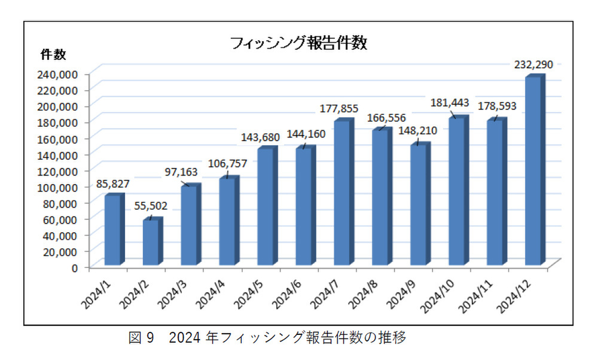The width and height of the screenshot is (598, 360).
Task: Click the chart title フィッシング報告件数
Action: tap(298, 43)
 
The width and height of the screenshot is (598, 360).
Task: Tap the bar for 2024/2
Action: tap(151, 243)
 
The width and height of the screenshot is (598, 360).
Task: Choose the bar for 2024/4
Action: tap(227, 221)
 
